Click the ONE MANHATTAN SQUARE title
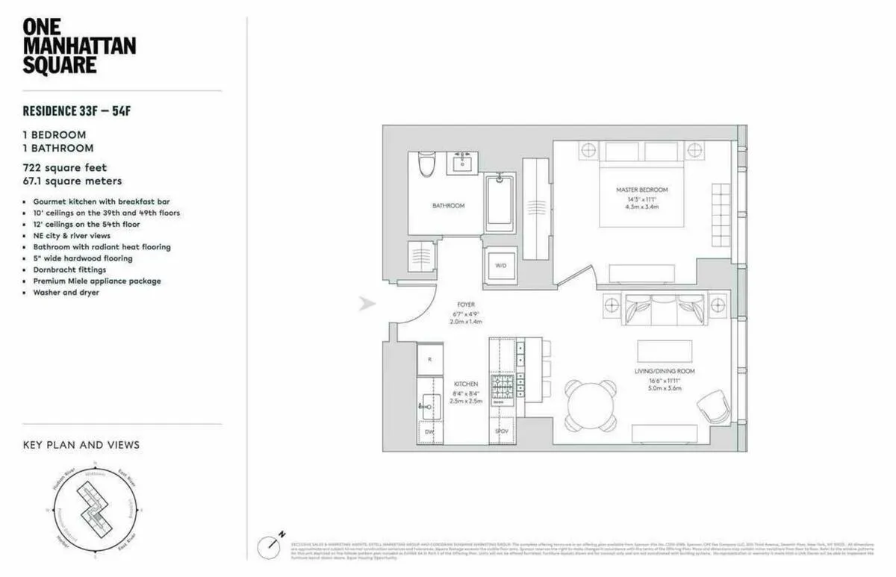[x=78, y=46]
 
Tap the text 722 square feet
[x=64, y=168]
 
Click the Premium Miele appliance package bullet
[x=96, y=281]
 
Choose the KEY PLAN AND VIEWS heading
[x=81, y=445]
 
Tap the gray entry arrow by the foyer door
[x=367, y=304]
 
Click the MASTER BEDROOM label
[x=641, y=190]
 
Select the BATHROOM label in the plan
[x=448, y=205]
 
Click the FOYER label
[x=466, y=305]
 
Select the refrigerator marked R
[x=429, y=358]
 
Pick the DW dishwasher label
[x=429, y=431]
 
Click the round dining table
[x=591, y=406]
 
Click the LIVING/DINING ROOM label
[x=665, y=371]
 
